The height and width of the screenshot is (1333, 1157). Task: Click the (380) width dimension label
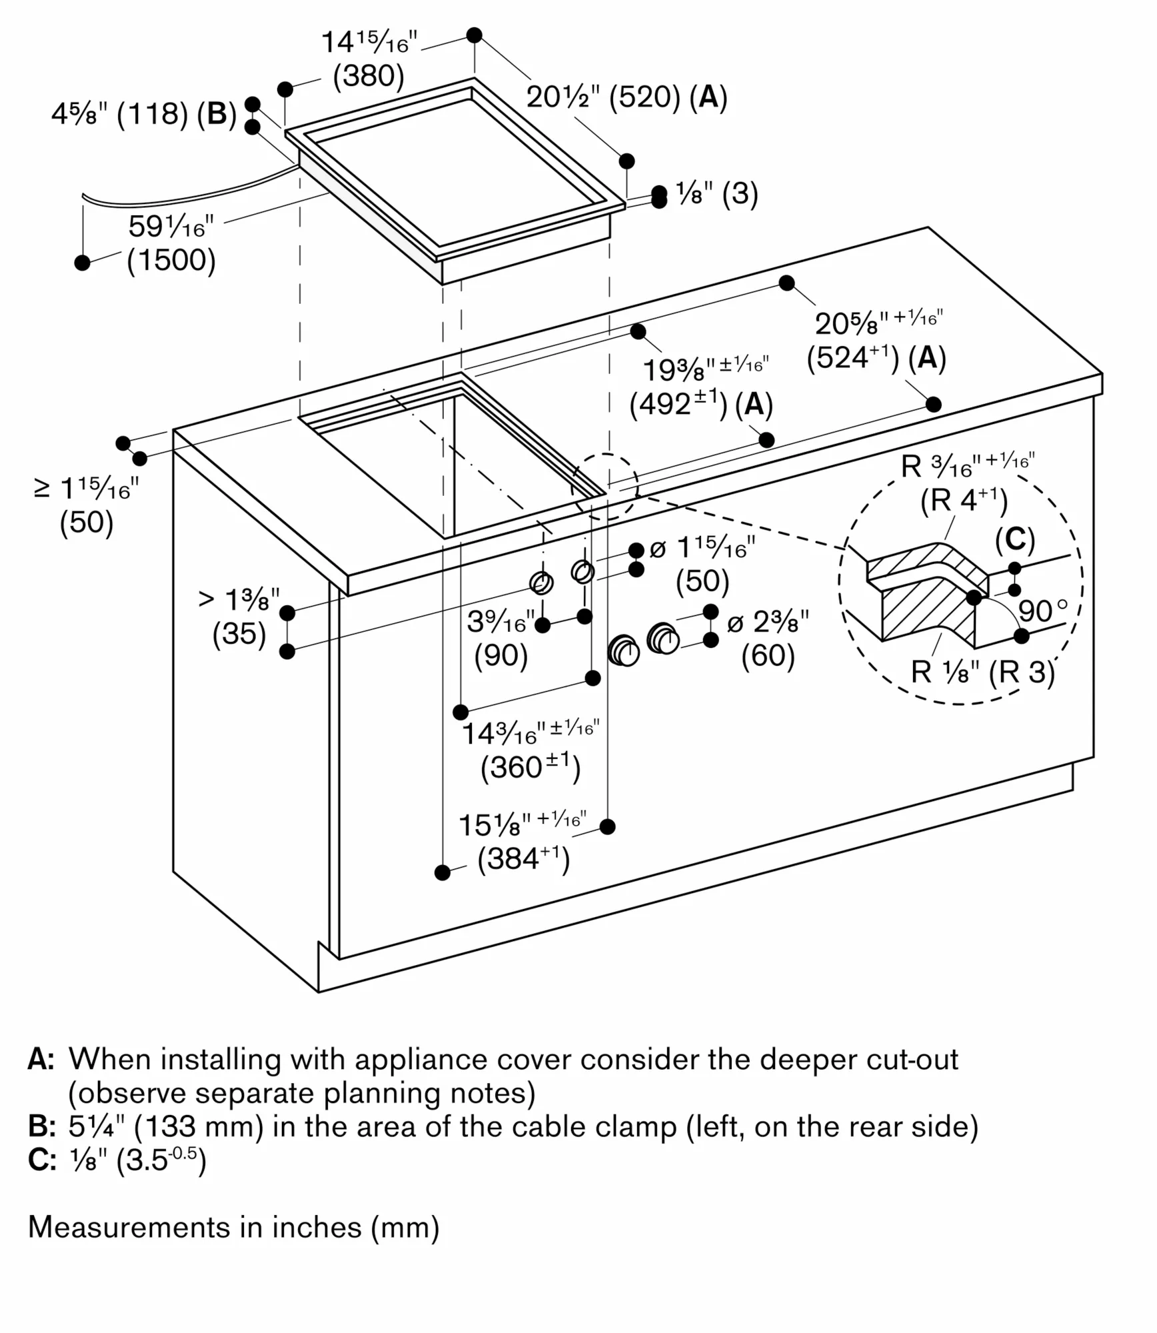click(369, 77)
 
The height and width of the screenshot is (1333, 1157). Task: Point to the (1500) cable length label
click(171, 260)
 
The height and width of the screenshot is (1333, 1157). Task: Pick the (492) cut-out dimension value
click(678, 405)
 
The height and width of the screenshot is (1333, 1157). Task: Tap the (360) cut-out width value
click(531, 768)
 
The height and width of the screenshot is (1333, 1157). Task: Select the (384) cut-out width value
click(524, 858)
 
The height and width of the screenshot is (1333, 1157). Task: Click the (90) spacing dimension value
click(501, 656)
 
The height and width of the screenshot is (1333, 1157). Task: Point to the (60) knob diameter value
click(768, 656)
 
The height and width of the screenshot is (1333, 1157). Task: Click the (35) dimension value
click(239, 633)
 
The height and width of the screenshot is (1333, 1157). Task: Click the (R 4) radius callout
click(964, 500)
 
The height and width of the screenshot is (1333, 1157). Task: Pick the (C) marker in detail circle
click(1014, 540)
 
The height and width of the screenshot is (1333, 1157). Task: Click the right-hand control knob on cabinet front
click(663, 639)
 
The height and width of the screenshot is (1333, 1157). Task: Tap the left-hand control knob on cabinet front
click(624, 651)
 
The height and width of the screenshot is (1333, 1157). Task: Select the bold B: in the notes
click(42, 1126)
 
